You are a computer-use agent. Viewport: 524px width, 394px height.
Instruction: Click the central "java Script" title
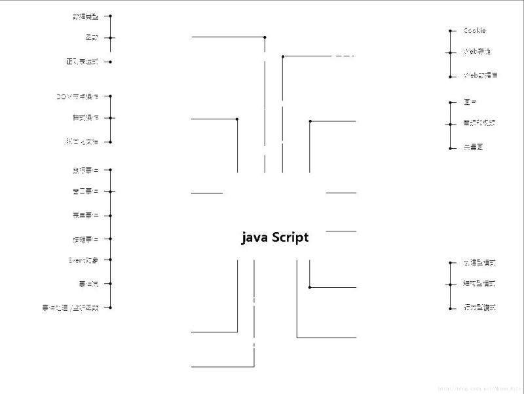tap(275, 238)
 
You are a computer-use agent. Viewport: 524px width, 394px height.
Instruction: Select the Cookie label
tap(475, 31)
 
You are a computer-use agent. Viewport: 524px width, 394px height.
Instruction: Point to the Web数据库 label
tap(480, 76)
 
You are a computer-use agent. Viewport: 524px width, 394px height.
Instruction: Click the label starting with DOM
tap(78, 96)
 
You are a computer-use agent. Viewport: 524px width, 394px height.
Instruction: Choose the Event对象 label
tap(84, 260)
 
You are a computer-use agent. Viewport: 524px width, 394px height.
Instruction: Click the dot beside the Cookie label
tap(451, 31)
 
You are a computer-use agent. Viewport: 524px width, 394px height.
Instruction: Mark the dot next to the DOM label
tap(110, 96)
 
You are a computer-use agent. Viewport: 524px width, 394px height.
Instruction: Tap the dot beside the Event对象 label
tap(110, 260)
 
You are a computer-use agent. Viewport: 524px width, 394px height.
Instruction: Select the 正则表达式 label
tap(82, 62)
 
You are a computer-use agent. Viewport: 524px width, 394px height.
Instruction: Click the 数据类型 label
tap(86, 16)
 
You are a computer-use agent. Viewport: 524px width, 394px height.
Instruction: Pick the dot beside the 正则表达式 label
tap(110, 62)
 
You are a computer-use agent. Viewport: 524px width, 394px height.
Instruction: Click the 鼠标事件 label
tap(86, 170)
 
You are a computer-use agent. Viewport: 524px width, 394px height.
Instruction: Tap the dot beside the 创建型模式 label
tap(451, 263)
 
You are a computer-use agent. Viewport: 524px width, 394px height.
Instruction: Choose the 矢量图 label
tap(473, 148)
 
